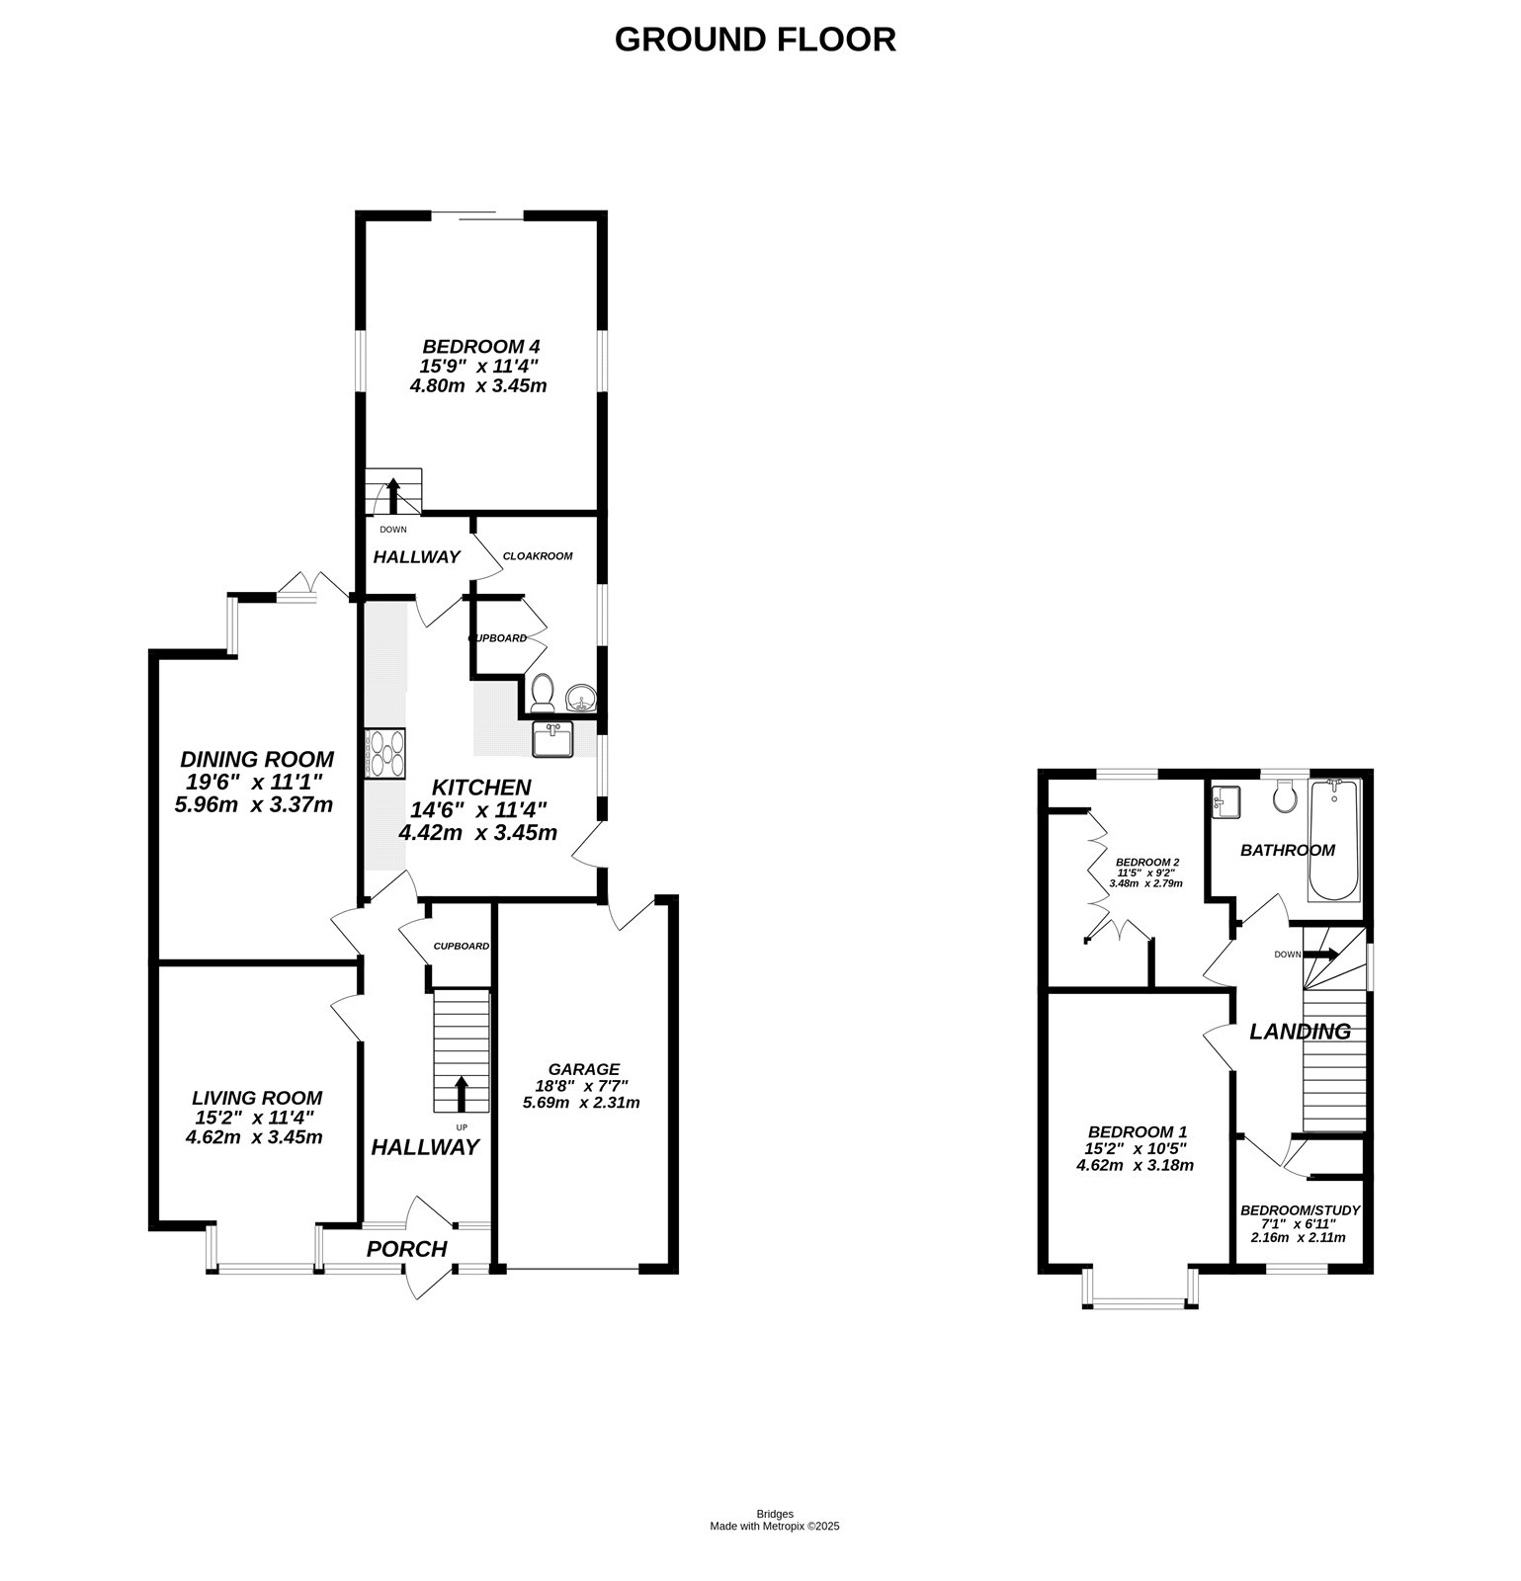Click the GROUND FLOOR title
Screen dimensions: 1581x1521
tap(755, 40)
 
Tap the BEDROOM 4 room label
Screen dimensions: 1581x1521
tap(480, 347)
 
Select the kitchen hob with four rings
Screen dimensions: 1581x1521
tap(385, 753)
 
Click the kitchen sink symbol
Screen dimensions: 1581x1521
tap(552, 739)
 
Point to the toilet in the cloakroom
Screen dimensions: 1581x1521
tap(542, 693)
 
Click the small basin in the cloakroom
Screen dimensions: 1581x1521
tap(581, 699)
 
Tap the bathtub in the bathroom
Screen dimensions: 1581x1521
tap(1334, 840)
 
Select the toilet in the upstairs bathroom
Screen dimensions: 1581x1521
tap(1285, 796)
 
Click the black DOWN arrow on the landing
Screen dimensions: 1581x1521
tap(1320, 955)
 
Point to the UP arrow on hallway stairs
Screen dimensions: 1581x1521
tap(462, 1094)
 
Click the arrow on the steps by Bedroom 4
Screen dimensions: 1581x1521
tap(392, 494)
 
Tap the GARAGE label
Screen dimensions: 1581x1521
tap(584, 1069)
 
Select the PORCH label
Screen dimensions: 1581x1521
tap(407, 1249)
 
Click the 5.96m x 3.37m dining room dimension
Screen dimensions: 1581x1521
tap(254, 804)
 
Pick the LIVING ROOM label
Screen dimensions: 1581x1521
tap(257, 1098)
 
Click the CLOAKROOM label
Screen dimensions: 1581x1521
tap(538, 556)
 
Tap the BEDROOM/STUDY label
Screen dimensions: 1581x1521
tap(1301, 1210)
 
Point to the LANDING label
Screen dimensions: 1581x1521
tap(1300, 1032)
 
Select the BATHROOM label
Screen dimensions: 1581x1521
tap(1288, 850)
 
